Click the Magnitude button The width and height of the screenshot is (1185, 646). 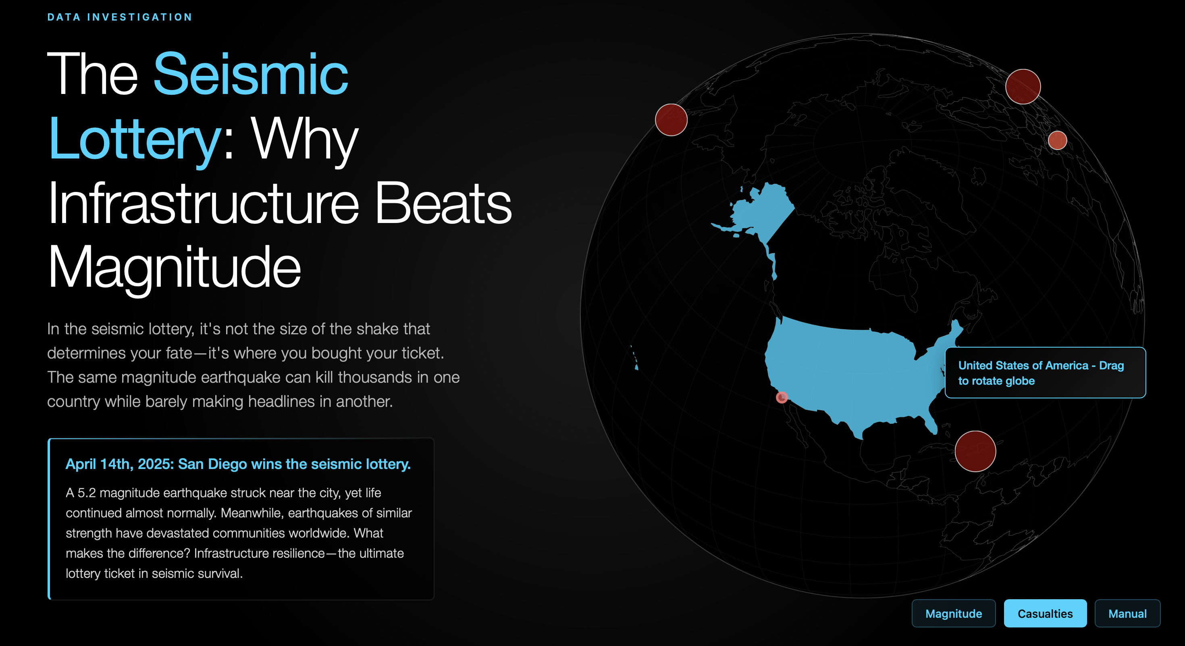(953, 613)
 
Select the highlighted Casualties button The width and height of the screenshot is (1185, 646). (1045, 613)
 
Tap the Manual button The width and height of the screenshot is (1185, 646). (1127, 613)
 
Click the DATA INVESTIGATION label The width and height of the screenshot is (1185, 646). (120, 17)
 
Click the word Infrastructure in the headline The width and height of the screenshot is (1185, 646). (203, 203)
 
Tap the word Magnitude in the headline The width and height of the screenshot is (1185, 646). (175, 267)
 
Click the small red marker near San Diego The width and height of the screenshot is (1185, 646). (782, 397)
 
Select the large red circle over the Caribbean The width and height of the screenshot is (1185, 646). (975, 451)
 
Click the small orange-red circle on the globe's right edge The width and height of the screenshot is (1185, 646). (1057, 140)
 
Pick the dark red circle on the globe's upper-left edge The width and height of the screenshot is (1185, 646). (671, 120)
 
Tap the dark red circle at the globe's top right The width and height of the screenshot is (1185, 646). (1023, 87)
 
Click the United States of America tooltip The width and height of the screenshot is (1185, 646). (1045, 373)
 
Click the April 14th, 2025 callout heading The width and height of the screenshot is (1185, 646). (238, 464)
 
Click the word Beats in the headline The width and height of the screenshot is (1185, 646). (443, 203)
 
